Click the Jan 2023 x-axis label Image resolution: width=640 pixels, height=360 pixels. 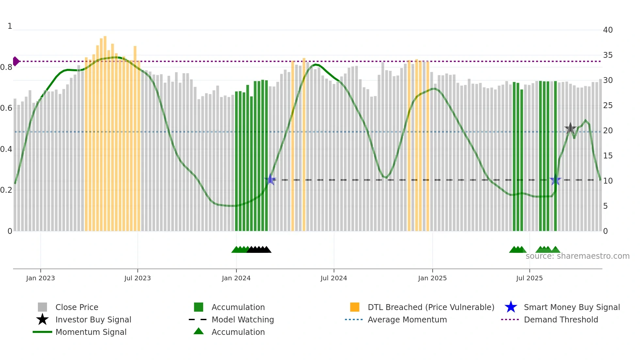click(x=40, y=278)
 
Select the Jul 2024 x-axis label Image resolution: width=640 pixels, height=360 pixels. click(x=334, y=278)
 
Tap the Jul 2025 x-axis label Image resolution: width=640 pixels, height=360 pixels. click(x=529, y=278)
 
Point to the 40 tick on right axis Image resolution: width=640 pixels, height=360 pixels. click(x=608, y=30)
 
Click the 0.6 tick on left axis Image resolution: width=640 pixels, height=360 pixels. click(x=6, y=108)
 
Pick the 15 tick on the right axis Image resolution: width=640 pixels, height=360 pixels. click(x=608, y=156)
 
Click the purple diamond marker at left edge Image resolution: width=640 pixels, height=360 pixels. click(x=16, y=61)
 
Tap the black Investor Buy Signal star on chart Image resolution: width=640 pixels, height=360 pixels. click(x=570, y=128)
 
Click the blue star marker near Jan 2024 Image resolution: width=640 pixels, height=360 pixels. click(x=270, y=179)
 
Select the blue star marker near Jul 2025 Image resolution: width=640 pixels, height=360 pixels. click(x=555, y=180)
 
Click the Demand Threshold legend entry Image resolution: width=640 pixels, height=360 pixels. click(x=561, y=319)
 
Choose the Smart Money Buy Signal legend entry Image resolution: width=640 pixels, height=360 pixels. click(x=572, y=307)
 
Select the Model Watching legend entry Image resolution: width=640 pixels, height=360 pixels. click(x=243, y=319)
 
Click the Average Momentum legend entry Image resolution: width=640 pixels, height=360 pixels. click(x=407, y=319)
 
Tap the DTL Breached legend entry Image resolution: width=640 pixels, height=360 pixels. click(x=431, y=307)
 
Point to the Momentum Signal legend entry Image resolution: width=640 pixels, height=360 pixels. click(x=91, y=332)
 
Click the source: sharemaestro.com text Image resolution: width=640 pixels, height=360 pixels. click(x=577, y=256)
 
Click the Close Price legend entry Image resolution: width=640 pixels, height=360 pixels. click(x=77, y=307)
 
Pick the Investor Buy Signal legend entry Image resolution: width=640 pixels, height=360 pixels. click(x=93, y=319)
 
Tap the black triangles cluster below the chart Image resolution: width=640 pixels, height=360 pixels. click(x=259, y=250)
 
